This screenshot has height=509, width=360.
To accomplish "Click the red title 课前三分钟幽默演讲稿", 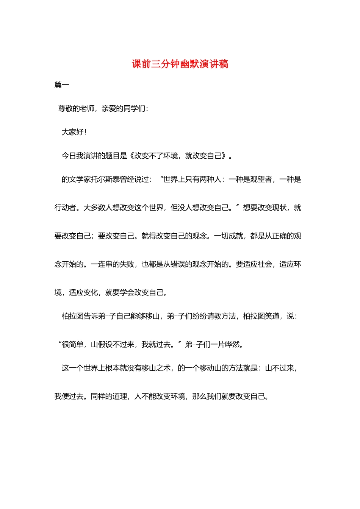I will point(180,64).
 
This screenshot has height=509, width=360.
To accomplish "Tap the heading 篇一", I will point(62,85).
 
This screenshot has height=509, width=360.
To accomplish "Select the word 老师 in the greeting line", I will point(87,109).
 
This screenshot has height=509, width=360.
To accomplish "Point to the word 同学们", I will point(135,109).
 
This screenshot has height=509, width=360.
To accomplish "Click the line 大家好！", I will point(74,132).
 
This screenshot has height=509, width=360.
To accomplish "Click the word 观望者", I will point(261,179).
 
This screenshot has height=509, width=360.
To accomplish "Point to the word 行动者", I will point(65,208).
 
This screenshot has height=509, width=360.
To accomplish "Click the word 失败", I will point(127,264).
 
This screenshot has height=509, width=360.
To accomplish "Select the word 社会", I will point(265,264).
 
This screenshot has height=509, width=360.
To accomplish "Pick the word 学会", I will point(127,292).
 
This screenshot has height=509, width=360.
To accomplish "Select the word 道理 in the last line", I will point(119,397).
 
